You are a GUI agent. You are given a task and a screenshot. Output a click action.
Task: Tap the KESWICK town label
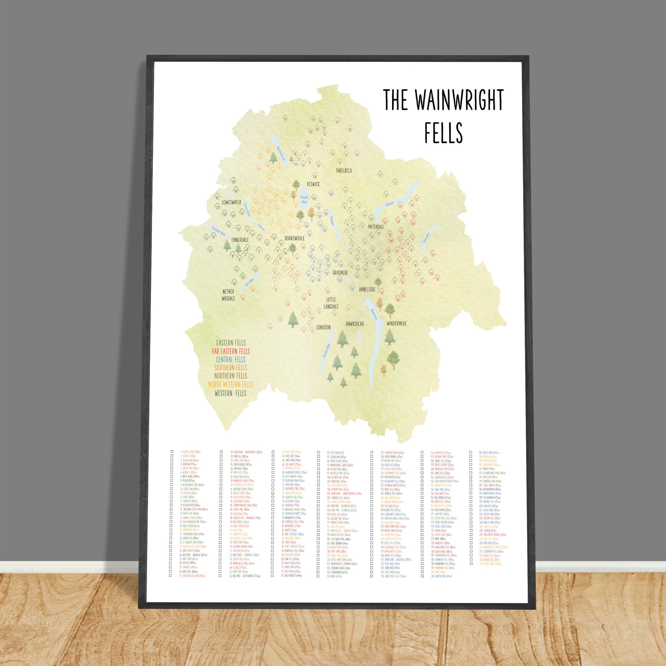tap(313, 184)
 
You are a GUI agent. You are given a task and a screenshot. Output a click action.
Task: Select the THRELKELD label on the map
tap(344, 170)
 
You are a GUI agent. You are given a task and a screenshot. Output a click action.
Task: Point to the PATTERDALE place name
tap(376, 227)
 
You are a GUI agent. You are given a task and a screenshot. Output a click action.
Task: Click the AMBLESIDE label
tap(367, 290)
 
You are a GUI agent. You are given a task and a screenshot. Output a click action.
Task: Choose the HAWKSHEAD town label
tap(355, 324)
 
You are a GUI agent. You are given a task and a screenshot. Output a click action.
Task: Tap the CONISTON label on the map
tap(323, 327)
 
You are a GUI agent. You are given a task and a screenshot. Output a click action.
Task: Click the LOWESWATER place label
tap(231, 202)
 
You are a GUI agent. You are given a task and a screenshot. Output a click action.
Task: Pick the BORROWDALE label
tap(294, 238)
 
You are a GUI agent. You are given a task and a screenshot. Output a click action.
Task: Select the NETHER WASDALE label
tap(228, 295)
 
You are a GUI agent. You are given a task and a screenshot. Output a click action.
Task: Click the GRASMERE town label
tap(340, 273)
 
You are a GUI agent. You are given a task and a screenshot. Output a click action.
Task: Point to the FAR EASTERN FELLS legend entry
tap(231, 351)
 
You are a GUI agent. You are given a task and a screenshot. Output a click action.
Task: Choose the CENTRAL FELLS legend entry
tap(231, 360)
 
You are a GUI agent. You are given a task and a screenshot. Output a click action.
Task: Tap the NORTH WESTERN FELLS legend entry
tap(230, 384)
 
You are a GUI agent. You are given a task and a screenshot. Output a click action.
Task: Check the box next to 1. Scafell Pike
tap(171, 452)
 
